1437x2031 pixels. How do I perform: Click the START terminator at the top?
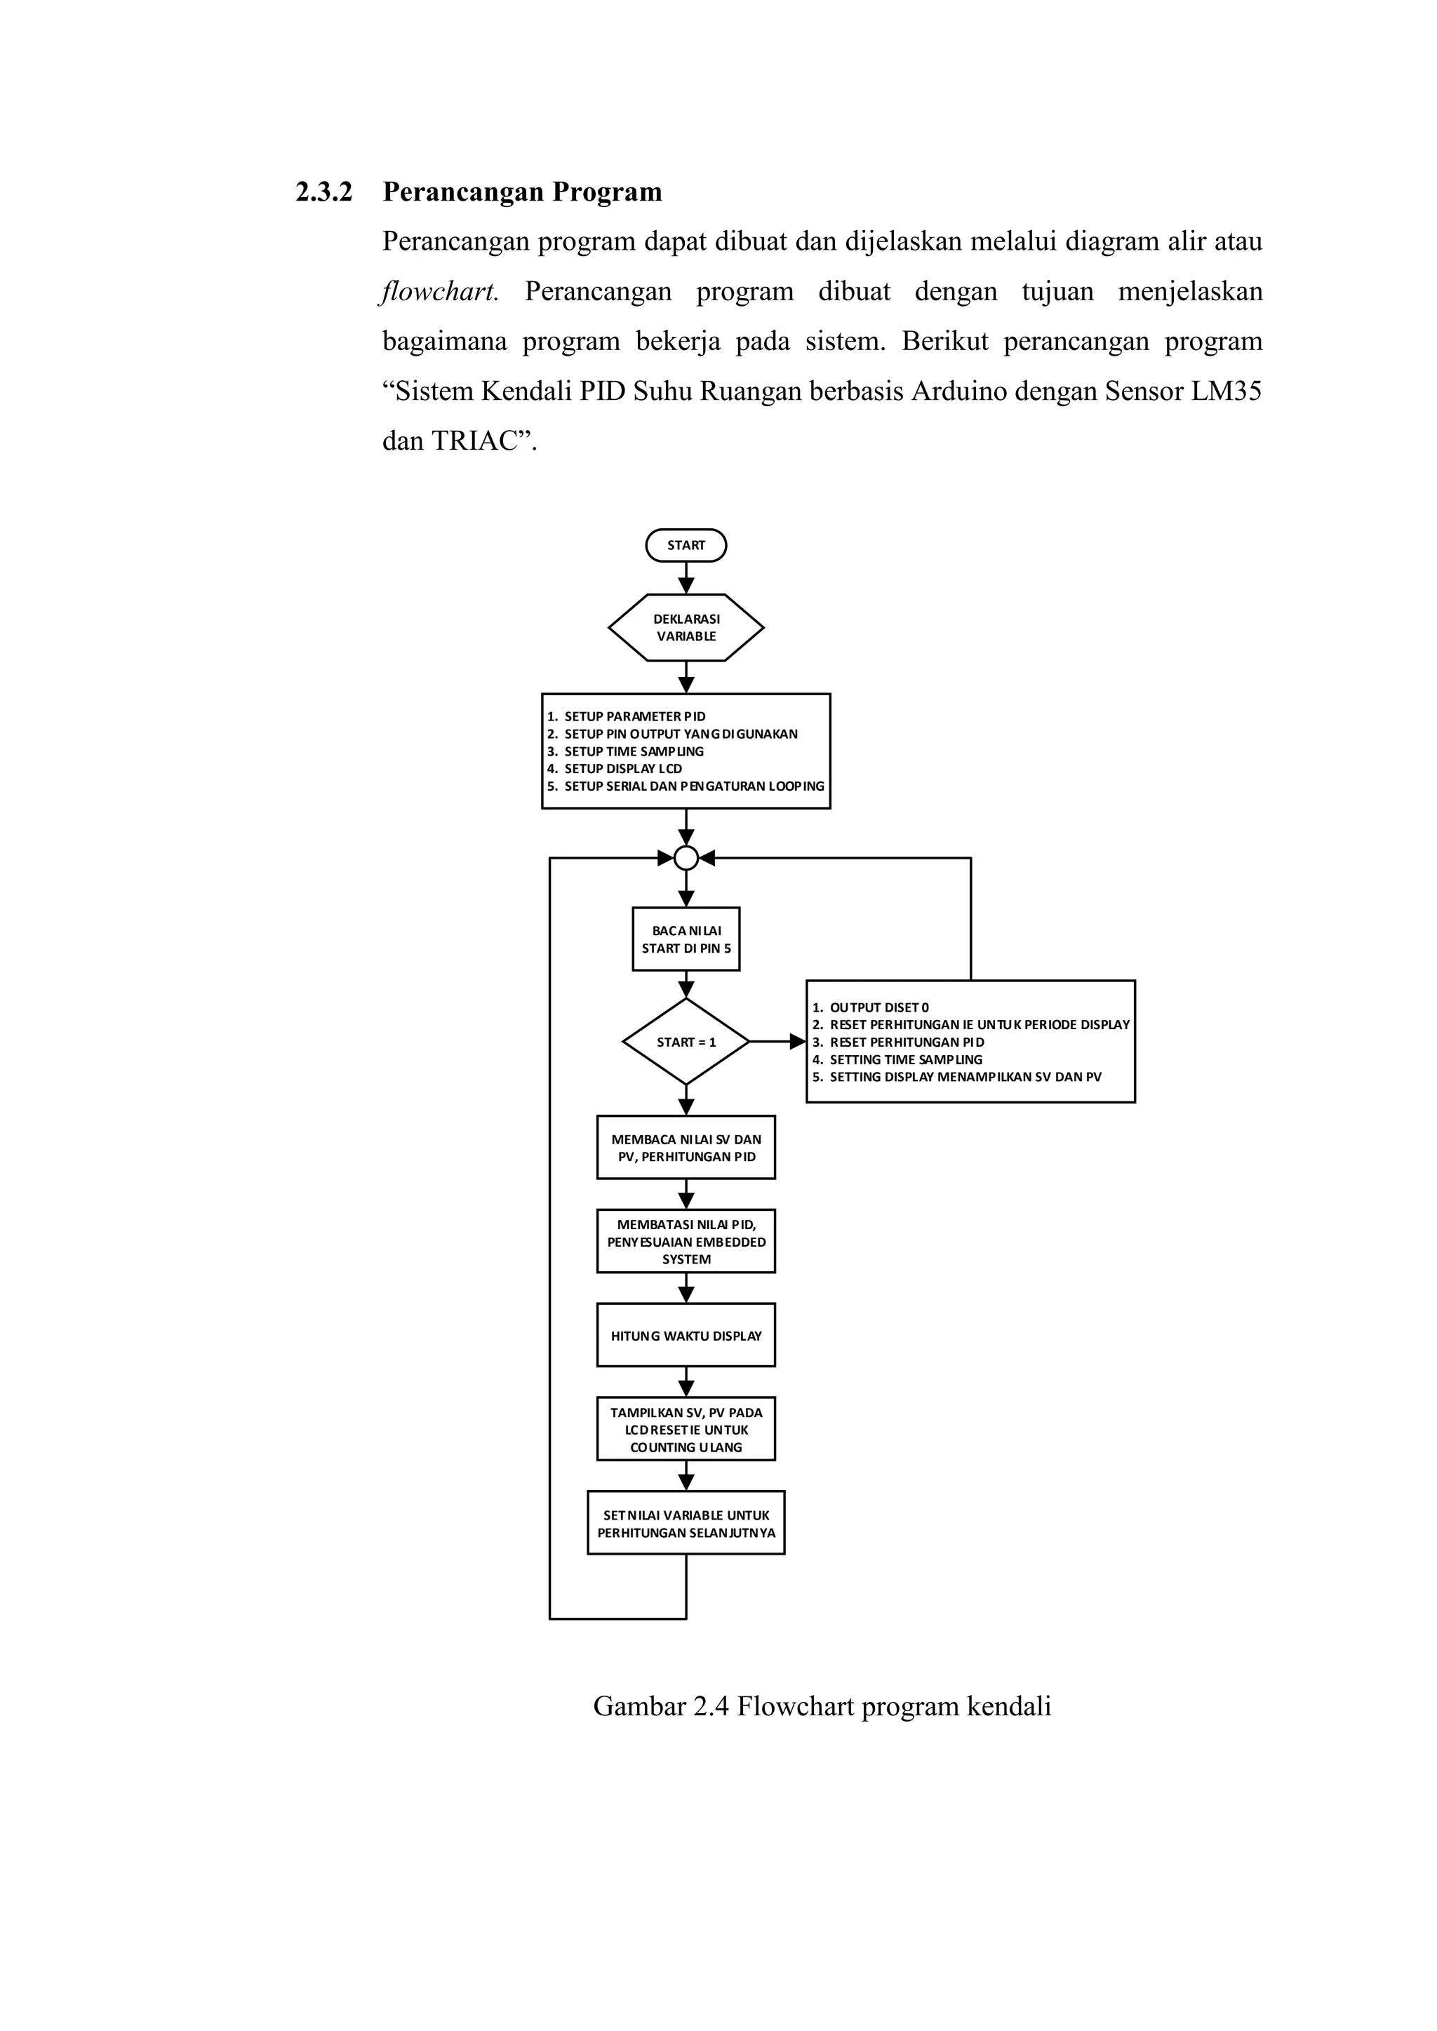coord(686,545)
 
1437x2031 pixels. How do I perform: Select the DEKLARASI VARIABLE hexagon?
coord(686,627)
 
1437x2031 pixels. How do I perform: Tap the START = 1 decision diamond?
coord(686,1042)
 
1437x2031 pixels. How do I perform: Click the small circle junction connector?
coord(686,857)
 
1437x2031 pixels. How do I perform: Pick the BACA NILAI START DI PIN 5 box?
coord(686,939)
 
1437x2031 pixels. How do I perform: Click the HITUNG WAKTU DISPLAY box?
coord(686,1336)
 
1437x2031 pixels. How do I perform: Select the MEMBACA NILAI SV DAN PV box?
coord(686,1147)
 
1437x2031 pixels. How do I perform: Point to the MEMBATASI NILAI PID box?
coord(686,1241)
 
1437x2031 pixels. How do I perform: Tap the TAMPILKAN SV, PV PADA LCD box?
coord(686,1430)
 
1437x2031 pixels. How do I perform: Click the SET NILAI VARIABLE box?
coord(686,1523)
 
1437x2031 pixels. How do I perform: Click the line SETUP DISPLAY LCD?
coord(623,769)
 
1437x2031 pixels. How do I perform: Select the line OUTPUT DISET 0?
coord(878,1007)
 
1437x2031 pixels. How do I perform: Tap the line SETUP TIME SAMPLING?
coord(634,751)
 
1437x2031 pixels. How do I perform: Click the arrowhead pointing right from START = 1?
coord(797,1042)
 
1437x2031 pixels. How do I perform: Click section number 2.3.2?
coord(324,192)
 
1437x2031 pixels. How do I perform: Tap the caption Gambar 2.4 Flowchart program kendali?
coord(821,1705)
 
